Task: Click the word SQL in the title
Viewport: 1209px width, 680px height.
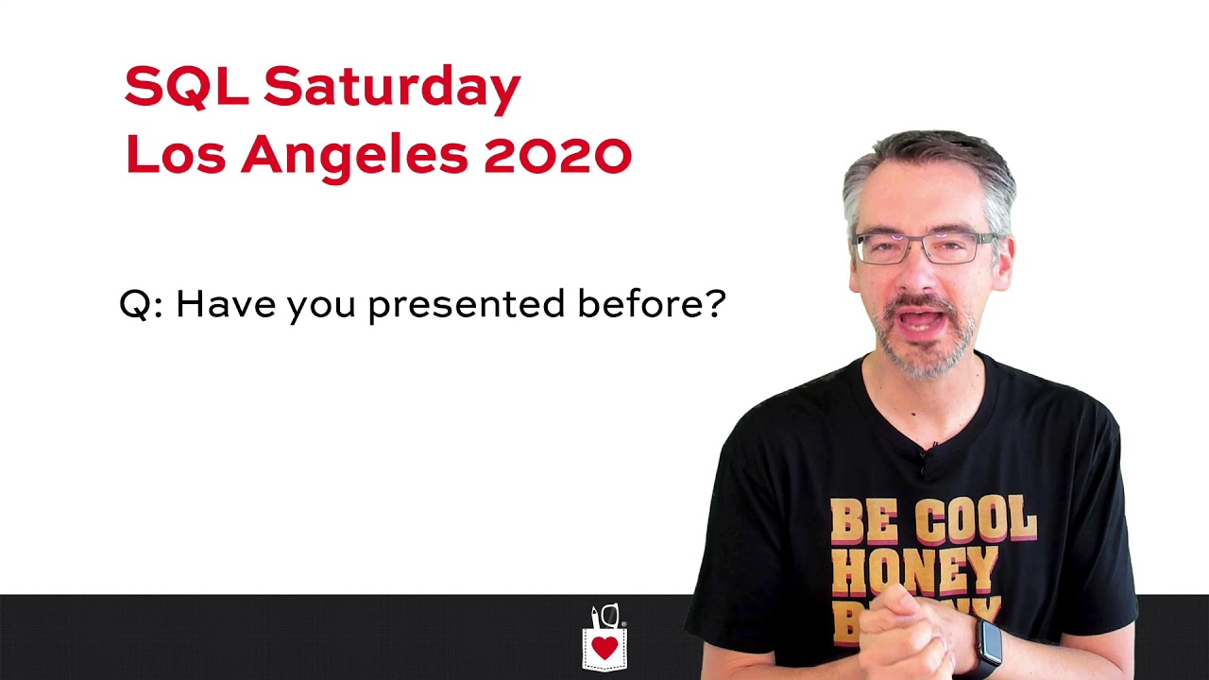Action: pos(186,87)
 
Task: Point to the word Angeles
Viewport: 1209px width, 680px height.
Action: pos(354,157)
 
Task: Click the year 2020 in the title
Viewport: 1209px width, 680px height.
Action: pos(557,155)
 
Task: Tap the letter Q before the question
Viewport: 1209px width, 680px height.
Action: pos(135,305)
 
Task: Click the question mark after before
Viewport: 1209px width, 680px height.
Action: pos(715,303)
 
